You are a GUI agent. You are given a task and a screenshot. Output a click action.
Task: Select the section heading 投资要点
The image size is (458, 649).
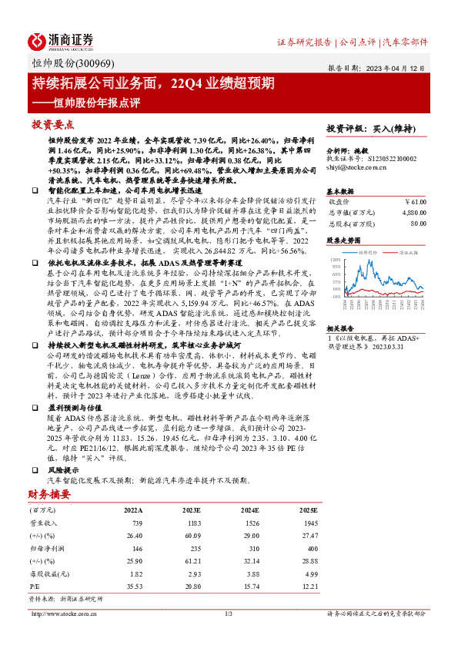[53, 124]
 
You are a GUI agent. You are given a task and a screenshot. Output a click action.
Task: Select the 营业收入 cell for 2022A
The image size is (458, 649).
[132, 523]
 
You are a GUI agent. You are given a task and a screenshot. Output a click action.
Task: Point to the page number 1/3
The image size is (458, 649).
[229, 614]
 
